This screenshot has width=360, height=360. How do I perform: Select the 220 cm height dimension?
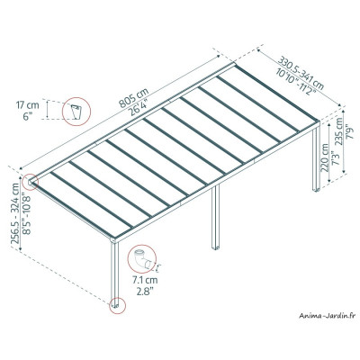point(320,162)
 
